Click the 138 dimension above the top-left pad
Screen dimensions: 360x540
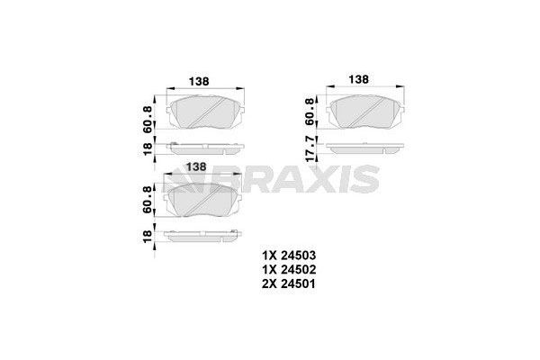coord(199,81)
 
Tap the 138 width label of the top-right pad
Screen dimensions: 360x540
coord(357,79)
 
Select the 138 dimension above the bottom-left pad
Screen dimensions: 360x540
coord(195,166)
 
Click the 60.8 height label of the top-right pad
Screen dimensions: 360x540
coord(310,112)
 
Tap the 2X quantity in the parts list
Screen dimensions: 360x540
coord(271,284)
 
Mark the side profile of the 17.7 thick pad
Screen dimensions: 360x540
coord(364,148)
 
